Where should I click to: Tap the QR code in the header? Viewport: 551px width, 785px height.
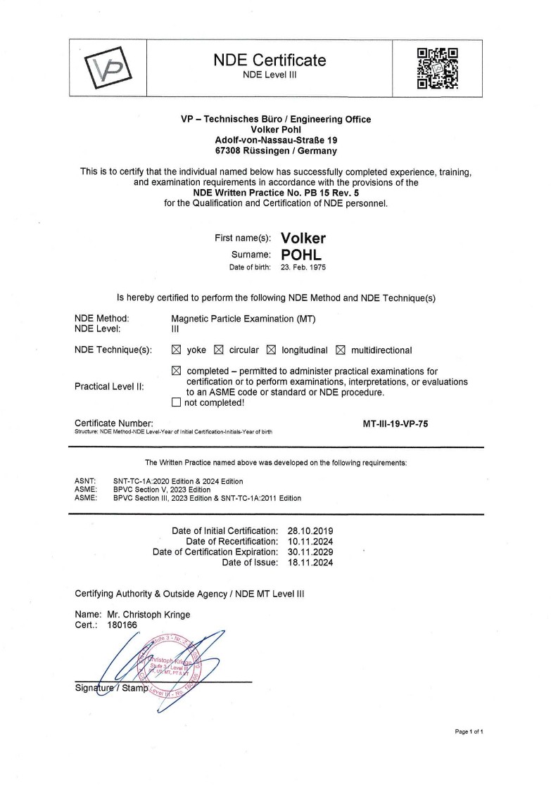click(x=438, y=68)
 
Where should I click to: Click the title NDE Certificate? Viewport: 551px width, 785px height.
click(x=270, y=60)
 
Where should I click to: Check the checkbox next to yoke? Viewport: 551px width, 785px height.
click(x=177, y=350)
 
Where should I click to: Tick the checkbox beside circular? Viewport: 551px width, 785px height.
click(x=218, y=350)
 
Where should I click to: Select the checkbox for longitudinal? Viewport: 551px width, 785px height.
click(x=271, y=350)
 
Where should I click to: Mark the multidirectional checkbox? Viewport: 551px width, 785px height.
click(x=341, y=350)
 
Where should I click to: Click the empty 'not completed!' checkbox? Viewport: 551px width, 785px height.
click(x=177, y=402)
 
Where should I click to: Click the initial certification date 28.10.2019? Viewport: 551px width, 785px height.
click(x=310, y=530)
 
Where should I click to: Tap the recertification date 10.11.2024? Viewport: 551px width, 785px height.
click(x=310, y=541)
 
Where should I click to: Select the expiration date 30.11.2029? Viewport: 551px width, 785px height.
click(x=310, y=551)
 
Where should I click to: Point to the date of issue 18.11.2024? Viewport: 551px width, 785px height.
click(x=310, y=562)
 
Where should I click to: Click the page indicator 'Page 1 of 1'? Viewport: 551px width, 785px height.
click(x=469, y=732)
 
